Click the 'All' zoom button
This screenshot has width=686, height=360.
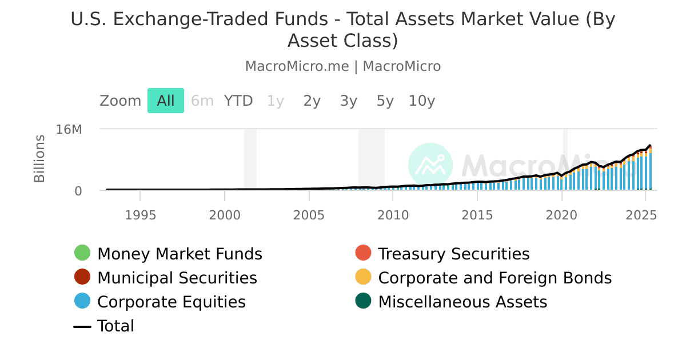pos(166,101)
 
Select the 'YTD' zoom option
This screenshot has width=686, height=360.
pos(238,101)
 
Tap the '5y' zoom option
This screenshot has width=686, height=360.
pos(385,101)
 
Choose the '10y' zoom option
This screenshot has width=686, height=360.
pos(422,101)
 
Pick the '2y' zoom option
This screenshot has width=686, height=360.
pos(312,101)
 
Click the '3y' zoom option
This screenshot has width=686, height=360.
pos(349,101)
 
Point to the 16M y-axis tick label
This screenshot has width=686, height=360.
pos(69,129)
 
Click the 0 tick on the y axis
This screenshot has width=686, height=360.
pos(78,191)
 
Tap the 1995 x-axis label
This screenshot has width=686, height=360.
pos(141,215)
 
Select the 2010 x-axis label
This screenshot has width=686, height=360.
pos(393,215)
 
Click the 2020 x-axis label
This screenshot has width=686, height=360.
pos(562,215)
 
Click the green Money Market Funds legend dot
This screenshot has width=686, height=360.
pos(82,253)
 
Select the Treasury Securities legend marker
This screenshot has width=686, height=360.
pos(363,253)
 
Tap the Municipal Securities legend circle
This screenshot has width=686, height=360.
pos(82,277)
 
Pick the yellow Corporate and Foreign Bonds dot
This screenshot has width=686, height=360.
pos(363,277)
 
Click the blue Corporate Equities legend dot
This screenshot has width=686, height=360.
pos(82,301)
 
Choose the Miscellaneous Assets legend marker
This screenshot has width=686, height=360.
pos(363,301)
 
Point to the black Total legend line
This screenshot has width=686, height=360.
pos(82,326)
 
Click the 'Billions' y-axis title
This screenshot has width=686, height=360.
pos(39,159)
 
